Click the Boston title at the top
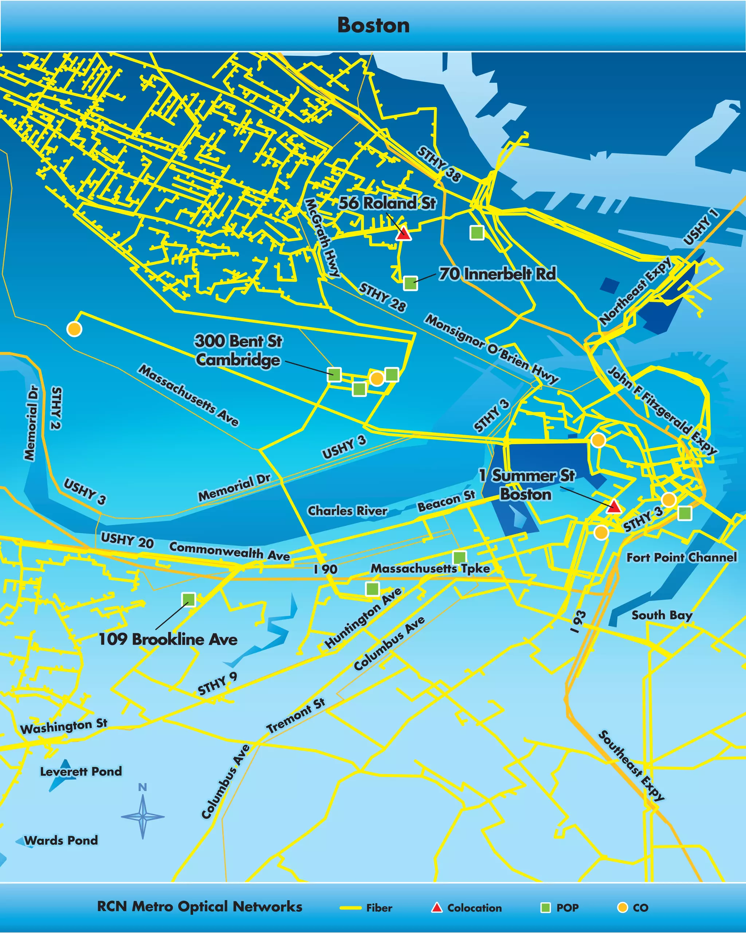coord(373,25)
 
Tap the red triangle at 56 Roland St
coord(404,233)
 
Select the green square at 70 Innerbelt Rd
coord(410,284)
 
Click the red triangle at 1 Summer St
coord(614,506)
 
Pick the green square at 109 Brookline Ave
coord(189,600)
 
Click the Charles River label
coord(347,511)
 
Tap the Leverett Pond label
coord(81,772)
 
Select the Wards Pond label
coord(61,840)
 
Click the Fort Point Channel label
coord(682,557)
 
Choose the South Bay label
coord(661,615)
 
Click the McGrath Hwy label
coord(322,238)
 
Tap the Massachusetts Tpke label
coord(430,569)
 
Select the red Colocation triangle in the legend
coord(437,907)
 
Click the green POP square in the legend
coord(546,907)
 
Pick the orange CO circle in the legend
coord(622,907)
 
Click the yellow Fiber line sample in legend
coord(350,908)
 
